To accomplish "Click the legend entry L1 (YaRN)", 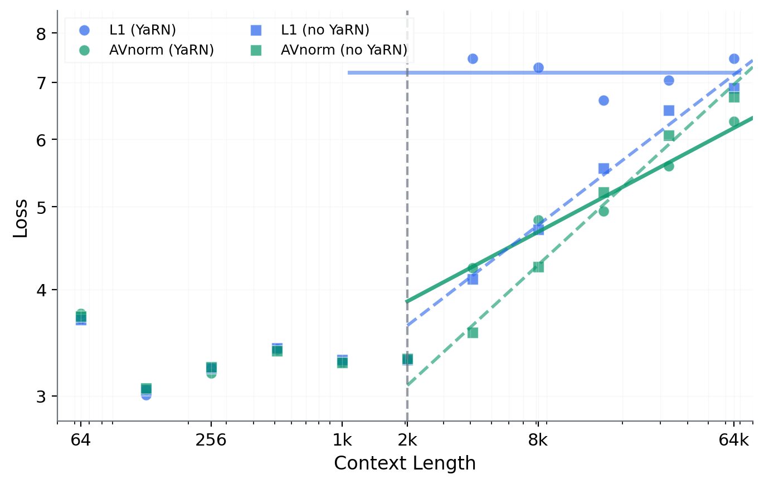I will tap(142, 31).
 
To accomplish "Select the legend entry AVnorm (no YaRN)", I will tap(343, 50).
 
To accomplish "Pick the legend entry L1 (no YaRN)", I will tap(325, 31).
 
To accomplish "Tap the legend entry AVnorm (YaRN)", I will tap(162, 50).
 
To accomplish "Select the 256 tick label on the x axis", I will tap(211, 440).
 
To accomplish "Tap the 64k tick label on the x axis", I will tap(733, 440).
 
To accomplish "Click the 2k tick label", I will tap(407, 440).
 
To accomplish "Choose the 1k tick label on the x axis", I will tap(342, 440).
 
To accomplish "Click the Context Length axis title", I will tap(405, 463).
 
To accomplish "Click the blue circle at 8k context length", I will tap(538, 67).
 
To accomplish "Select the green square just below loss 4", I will tap(473, 333).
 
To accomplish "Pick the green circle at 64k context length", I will tap(734, 121).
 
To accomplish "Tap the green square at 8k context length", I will tap(538, 267).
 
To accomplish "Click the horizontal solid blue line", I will tap(502, 72).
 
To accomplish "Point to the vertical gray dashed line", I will tap(407, 167).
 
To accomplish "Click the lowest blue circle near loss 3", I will tap(146, 395).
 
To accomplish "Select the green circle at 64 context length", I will tap(81, 314).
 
